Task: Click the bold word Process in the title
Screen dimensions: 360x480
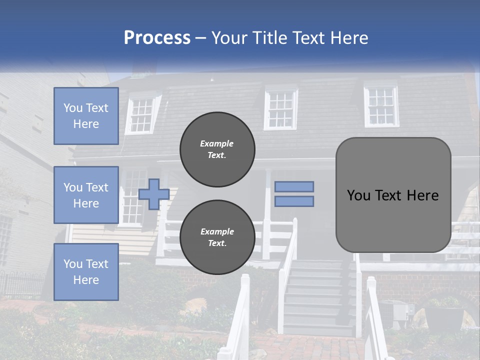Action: (157, 38)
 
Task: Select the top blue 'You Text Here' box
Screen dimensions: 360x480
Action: (86, 116)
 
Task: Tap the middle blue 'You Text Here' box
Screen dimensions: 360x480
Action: (86, 195)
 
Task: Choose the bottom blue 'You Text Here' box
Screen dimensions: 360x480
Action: (86, 271)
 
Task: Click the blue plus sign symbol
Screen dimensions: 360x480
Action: (153, 194)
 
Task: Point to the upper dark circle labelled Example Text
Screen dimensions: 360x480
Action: (217, 149)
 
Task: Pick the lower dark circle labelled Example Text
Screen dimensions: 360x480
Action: (217, 237)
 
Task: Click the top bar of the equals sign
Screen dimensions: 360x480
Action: (294, 186)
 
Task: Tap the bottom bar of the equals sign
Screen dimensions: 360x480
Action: (294, 201)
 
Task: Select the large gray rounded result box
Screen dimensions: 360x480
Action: (393, 195)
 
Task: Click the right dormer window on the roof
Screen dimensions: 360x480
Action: (381, 106)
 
